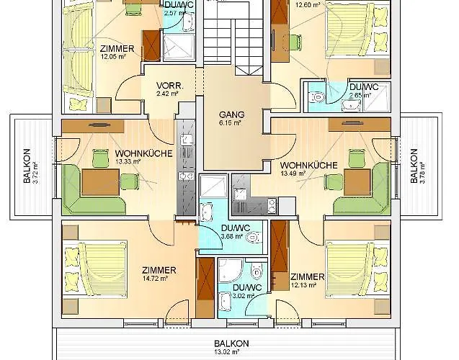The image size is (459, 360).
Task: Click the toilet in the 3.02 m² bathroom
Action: click(257, 272)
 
